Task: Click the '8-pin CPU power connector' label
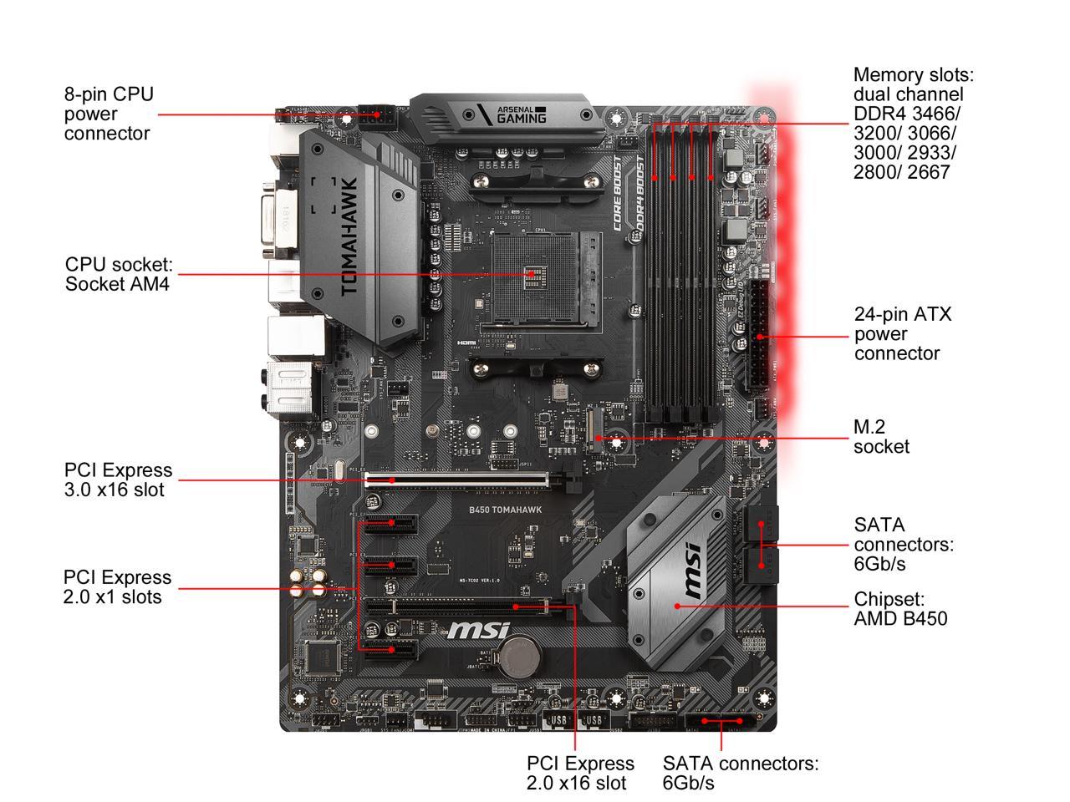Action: pyautogui.click(x=109, y=114)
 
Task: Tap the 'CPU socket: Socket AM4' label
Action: pyautogui.click(x=119, y=274)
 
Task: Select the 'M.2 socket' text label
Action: pyautogui.click(x=880, y=437)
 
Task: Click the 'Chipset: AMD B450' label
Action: pyautogui.click(x=900, y=609)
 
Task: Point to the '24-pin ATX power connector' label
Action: pyautogui.click(x=902, y=333)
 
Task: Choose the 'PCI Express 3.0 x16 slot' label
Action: pyautogui.click(x=118, y=480)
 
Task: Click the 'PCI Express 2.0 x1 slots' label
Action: pyautogui.click(x=117, y=586)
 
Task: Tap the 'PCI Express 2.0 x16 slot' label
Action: pyautogui.click(x=580, y=773)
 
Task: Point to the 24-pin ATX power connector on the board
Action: pyautogui.click(x=762, y=336)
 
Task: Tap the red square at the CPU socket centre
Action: pyautogui.click(x=532, y=273)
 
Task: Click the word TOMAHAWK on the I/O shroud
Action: pyautogui.click(x=349, y=236)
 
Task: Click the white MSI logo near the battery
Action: pyautogui.click(x=474, y=631)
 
